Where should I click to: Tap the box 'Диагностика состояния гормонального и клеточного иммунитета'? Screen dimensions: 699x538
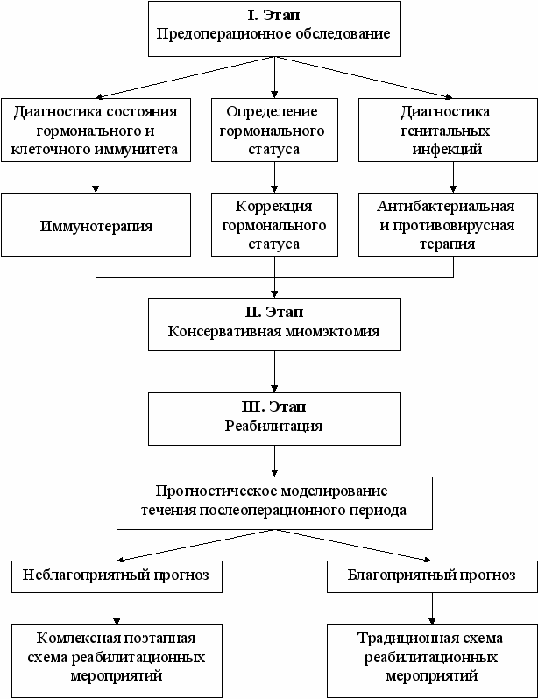(96, 130)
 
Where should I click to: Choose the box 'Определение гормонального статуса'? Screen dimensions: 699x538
(275, 130)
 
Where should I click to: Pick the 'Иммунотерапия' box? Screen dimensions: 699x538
(96, 226)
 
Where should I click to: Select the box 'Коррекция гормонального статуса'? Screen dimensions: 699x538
(275, 226)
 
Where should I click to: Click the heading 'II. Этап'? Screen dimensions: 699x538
(275, 312)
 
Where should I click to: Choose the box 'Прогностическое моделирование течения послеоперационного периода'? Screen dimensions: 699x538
(275, 502)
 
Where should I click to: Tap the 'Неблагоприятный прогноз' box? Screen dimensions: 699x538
(117, 576)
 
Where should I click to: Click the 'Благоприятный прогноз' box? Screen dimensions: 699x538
(432, 576)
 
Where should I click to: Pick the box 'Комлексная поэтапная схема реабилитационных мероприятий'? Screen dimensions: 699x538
(117, 656)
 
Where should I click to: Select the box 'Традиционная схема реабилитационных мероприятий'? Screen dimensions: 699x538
(432, 656)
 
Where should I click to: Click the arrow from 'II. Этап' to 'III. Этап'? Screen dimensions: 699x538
(275, 371)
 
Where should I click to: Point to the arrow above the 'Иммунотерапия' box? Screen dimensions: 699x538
(96, 177)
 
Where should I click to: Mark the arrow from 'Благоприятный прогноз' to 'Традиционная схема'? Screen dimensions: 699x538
(432, 606)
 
